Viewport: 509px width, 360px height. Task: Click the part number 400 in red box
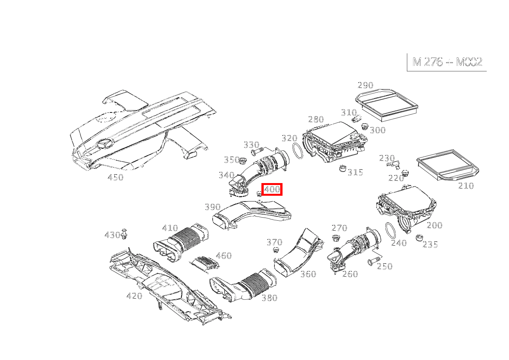(272, 189)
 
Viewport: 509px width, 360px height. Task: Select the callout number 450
(116, 177)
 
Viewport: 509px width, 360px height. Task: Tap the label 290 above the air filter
(365, 85)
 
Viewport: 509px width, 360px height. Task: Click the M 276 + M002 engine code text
(447, 62)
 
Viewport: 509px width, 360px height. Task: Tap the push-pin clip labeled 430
(124, 234)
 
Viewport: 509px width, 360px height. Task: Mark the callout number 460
(223, 256)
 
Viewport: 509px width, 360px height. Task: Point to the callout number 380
(269, 298)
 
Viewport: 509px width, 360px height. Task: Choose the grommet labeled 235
(420, 238)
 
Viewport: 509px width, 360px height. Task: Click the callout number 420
(134, 296)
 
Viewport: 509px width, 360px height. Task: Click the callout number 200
(435, 225)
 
